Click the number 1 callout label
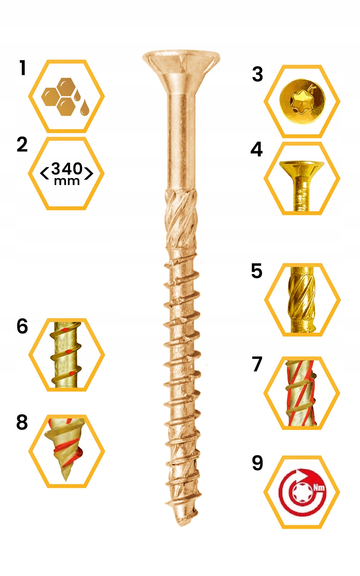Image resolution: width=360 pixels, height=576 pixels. click(x=23, y=68)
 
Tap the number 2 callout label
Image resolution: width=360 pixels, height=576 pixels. click(x=22, y=144)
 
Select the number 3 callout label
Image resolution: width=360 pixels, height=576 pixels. click(x=257, y=75)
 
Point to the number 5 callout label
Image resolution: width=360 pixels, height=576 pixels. click(x=256, y=271)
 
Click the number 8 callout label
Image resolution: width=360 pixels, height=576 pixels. click(x=22, y=422)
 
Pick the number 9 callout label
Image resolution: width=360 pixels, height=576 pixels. click(x=257, y=463)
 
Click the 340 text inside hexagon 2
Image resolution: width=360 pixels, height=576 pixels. click(x=67, y=168)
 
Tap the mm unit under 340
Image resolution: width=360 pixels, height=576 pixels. click(x=67, y=181)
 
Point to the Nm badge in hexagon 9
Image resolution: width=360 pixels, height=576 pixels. click(x=319, y=488)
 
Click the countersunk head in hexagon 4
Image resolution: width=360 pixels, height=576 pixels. click(x=302, y=168)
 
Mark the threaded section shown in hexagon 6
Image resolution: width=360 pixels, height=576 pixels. click(x=67, y=355)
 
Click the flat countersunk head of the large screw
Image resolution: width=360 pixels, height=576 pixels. click(x=181, y=61)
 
